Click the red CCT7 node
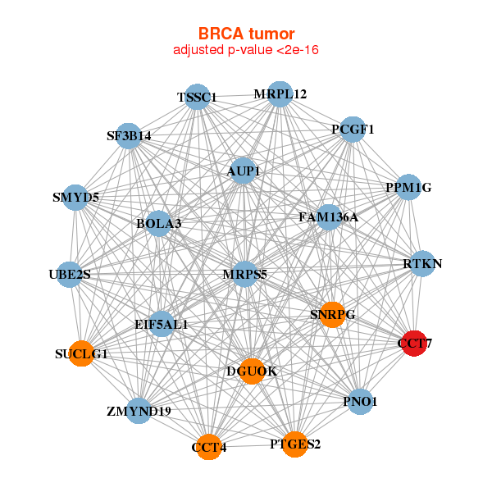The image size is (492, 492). coord(413,343)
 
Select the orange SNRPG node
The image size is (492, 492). coord(332,314)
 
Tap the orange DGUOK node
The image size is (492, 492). coord(252,371)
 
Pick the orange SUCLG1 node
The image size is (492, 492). coord(81,354)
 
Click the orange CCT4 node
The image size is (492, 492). coord(209,447)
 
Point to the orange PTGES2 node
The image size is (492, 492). coord(295,444)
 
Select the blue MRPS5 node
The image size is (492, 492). coord(245,274)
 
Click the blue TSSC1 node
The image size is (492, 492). coord(197,98)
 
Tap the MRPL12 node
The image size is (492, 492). coord(280,94)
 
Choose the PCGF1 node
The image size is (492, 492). coord(353,130)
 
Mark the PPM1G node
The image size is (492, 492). coord(408,188)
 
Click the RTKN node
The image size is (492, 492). coord(422,264)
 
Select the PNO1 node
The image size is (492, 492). coord(361,402)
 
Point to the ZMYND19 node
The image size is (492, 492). coord(139,410)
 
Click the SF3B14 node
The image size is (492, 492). coord(129,136)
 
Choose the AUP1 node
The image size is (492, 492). coord(244,171)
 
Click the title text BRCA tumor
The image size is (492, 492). coord(246,34)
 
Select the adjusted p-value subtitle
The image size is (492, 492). coord(246,50)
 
